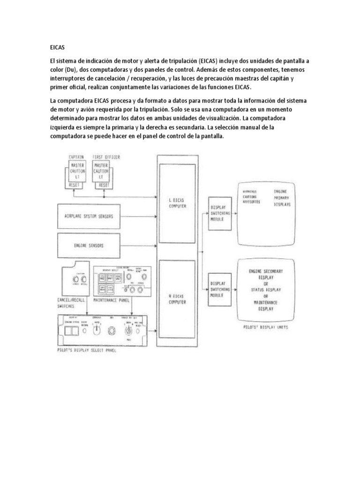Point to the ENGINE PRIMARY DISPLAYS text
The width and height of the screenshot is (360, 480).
point(283,198)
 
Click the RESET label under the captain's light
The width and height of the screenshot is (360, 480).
point(75,185)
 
